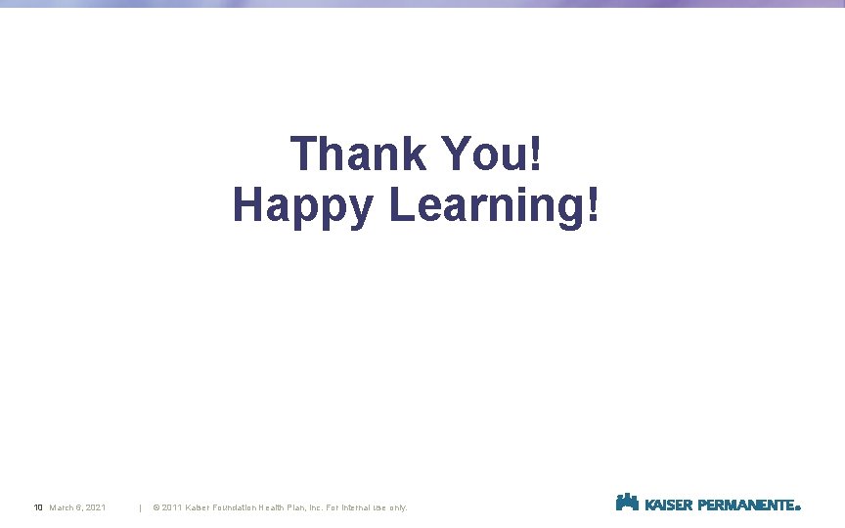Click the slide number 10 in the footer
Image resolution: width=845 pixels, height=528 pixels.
coord(38,507)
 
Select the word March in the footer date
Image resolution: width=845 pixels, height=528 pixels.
coord(63,507)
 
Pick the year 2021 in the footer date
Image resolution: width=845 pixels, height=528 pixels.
coord(96,507)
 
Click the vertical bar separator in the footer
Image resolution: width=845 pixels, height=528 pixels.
coord(141,507)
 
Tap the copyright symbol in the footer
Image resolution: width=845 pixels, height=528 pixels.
coord(156,507)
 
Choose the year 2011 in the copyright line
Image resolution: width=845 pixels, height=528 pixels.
coord(172,507)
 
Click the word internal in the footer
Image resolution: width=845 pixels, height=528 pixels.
coord(372,507)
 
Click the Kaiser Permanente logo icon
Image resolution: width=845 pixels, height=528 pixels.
coord(627,503)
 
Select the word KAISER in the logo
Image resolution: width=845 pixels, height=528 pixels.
coord(669,506)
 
